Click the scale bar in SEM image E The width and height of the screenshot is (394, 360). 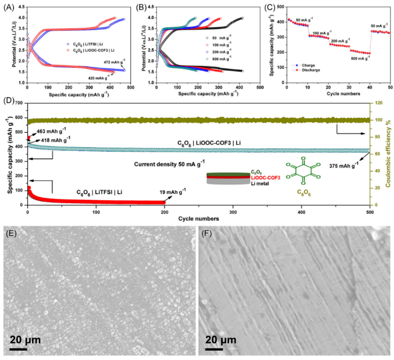pos(19,349)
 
